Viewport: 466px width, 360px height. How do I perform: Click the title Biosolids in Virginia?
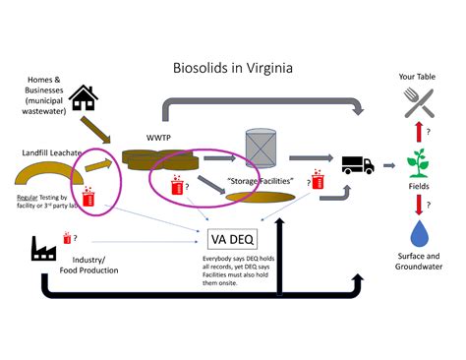click(232, 69)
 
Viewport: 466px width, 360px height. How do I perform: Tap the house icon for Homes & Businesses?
click(84, 97)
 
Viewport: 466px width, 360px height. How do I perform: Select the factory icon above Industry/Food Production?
click(43, 250)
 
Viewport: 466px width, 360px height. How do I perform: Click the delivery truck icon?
click(357, 164)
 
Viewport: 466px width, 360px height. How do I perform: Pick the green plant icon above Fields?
click(420, 161)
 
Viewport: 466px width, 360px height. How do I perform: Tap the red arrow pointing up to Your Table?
click(420, 130)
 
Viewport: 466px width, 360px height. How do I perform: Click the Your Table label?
click(420, 76)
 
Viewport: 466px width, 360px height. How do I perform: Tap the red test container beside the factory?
click(68, 238)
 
